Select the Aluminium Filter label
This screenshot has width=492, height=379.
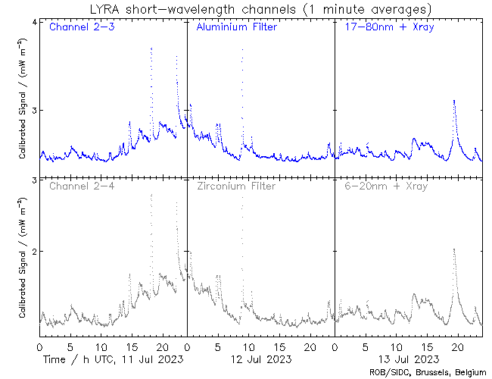(x=236, y=28)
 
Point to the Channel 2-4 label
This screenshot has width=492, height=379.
(x=79, y=186)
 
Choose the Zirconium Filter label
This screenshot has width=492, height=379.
(x=236, y=186)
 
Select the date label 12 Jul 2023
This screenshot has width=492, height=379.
(x=260, y=359)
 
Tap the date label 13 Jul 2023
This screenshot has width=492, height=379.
(x=408, y=359)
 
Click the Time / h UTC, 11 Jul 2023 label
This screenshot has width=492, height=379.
(x=113, y=359)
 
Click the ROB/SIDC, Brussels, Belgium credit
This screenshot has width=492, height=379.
(x=429, y=371)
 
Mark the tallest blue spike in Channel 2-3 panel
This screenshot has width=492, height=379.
(x=151, y=48)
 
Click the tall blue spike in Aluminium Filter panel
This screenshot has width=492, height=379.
(x=242, y=50)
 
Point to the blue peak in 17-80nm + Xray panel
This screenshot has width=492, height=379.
(x=453, y=100)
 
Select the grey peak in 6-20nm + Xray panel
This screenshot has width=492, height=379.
(x=453, y=249)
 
